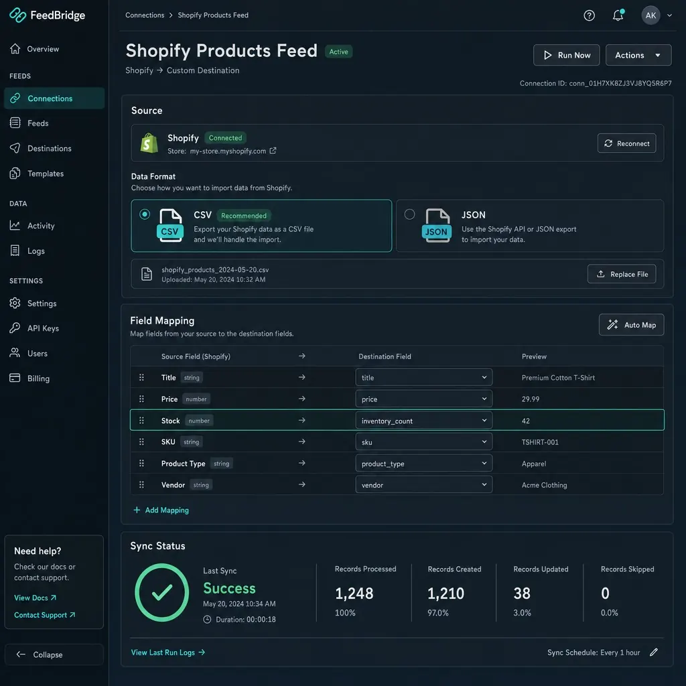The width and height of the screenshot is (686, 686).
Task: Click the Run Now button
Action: coord(566,55)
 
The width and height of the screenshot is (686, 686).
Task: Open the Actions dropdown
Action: coord(638,55)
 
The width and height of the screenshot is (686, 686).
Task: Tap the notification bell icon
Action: coord(618,15)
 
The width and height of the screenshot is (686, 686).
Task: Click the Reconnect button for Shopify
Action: coord(626,143)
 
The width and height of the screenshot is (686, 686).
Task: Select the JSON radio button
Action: coord(409,214)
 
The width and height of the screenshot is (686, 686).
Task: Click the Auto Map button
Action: coord(631,325)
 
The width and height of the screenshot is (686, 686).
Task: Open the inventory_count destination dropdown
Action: coord(423,421)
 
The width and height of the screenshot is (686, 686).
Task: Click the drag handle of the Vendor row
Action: coord(141,485)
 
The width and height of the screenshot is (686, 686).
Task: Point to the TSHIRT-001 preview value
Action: coord(540,442)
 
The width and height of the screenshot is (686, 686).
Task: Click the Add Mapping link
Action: coord(161,510)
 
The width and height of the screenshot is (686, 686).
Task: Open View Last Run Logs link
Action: coord(168,653)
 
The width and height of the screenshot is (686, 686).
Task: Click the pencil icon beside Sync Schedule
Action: coord(654,653)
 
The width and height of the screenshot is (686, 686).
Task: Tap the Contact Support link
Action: coord(45,615)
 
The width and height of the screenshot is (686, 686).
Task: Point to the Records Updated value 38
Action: coord(521,594)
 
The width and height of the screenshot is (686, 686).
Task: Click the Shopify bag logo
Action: coord(149,143)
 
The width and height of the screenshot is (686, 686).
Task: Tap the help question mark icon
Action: coord(589,15)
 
